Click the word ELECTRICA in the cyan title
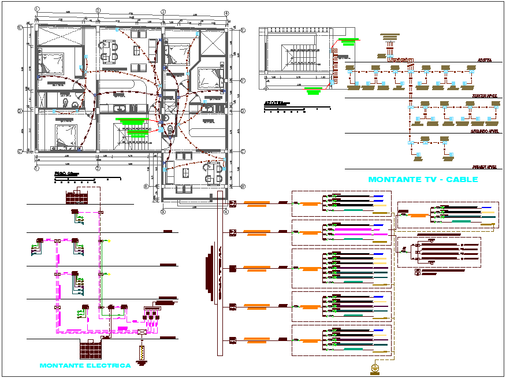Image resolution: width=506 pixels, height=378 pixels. [107, 365]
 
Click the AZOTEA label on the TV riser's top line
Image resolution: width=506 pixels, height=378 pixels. [484, 60]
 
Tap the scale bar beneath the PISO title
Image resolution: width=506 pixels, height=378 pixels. [87, 180]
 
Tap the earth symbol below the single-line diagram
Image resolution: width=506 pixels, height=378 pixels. [374, 368]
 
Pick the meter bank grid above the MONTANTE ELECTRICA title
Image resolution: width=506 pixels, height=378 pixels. [91, 349]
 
